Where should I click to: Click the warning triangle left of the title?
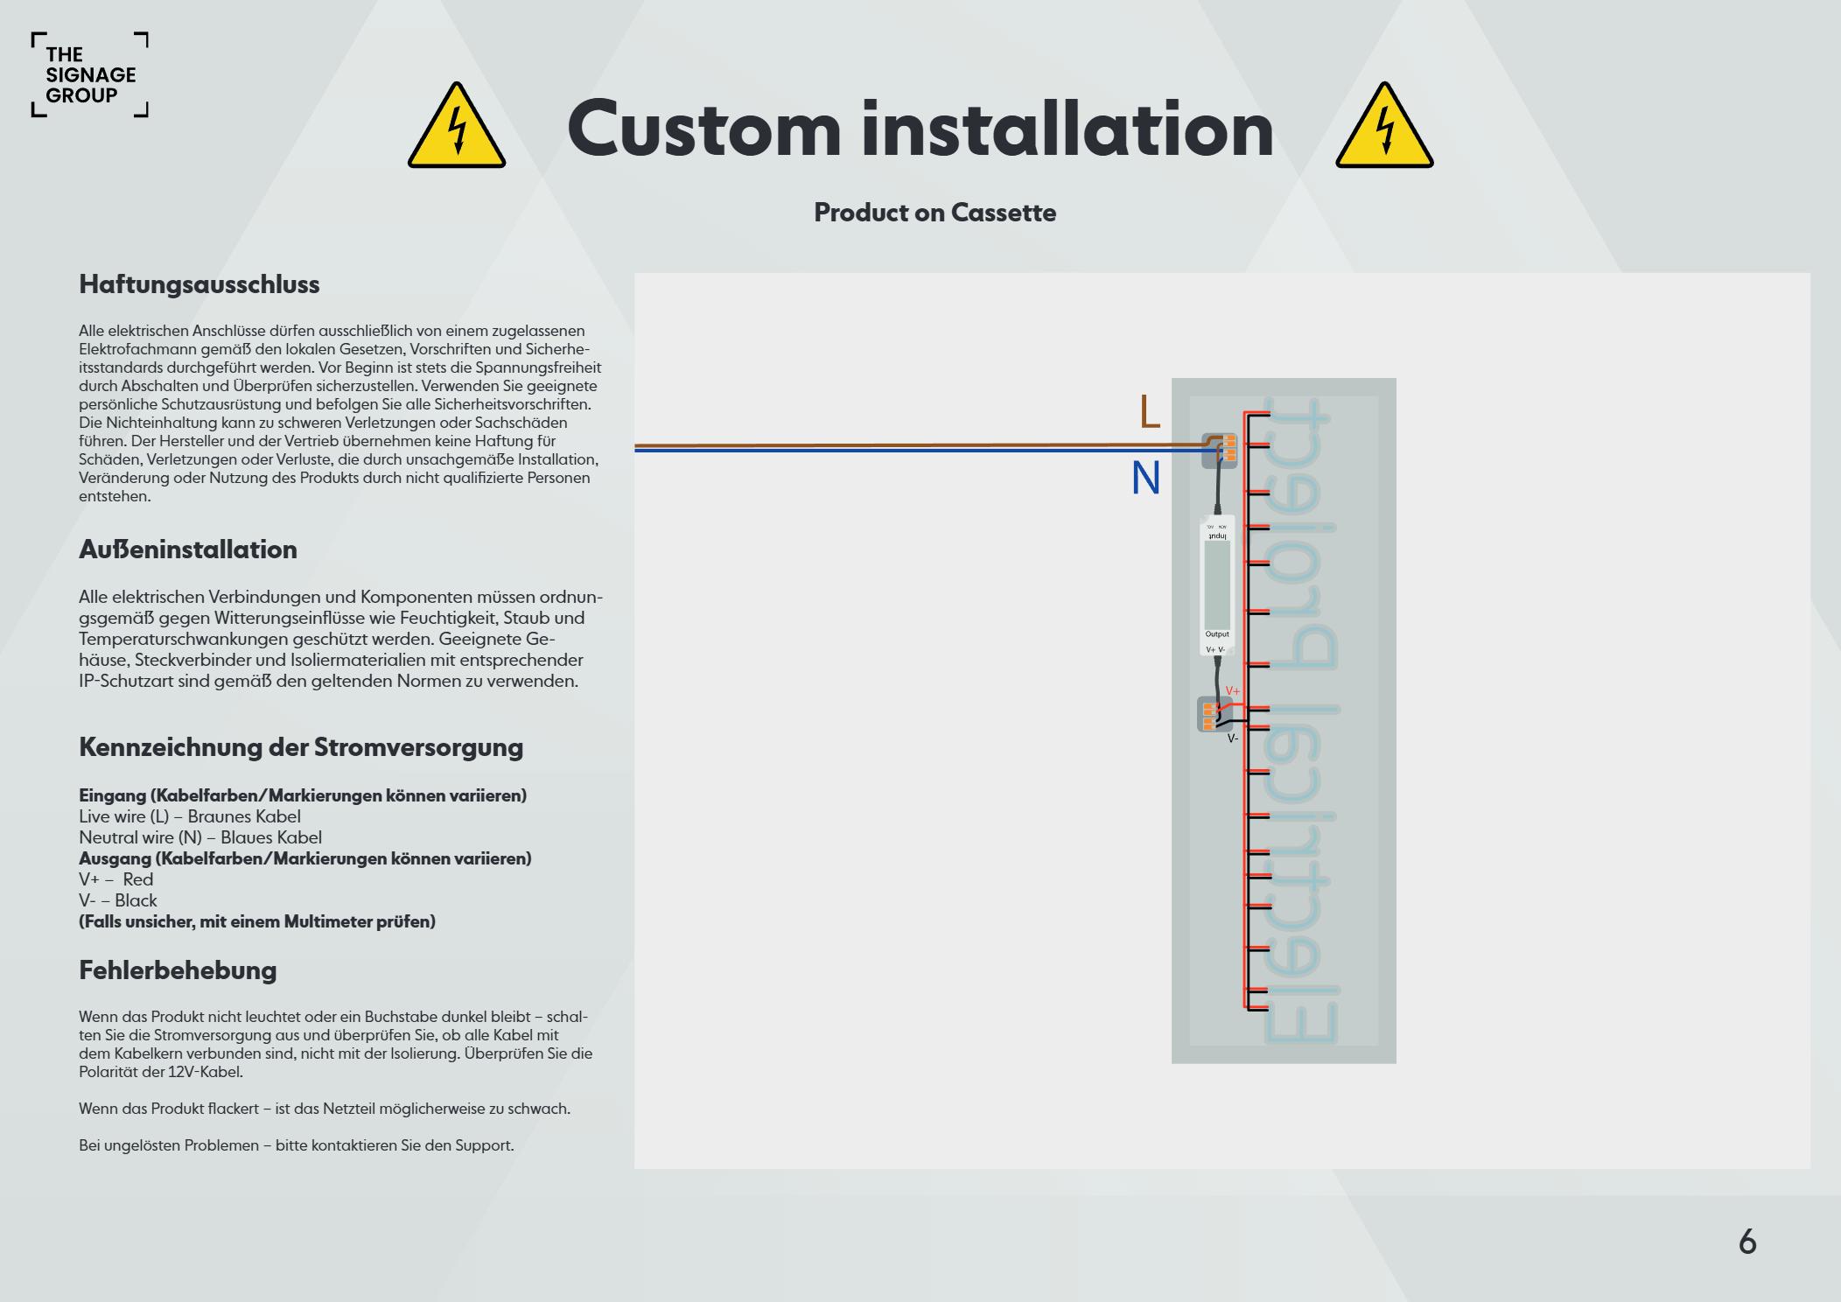tap(456, 129)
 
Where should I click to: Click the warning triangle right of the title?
tap(1383, 129)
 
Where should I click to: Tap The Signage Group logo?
tap(89, 75)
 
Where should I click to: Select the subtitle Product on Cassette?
tap(934, 213)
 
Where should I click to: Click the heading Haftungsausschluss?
tap(199, 284)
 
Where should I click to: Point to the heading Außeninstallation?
tap(188, 549)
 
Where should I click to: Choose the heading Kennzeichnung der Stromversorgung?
tap(301, 747)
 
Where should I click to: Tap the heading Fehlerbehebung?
tap(178, 969)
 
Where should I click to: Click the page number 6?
tap(1746, 1242)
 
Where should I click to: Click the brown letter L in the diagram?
tap(1150, 412)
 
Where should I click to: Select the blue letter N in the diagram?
tap(1145, 479)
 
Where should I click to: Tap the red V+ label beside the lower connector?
tap(1233, 691)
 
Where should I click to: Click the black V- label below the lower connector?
tap(1232, 739)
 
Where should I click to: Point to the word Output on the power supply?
tap(1216, 634)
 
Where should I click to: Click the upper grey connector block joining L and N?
tap(1219, 451)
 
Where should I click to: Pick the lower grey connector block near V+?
tap(1212, 714)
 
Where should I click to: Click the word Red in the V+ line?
tap(138, 879)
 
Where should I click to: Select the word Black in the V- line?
tap(136, 900)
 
